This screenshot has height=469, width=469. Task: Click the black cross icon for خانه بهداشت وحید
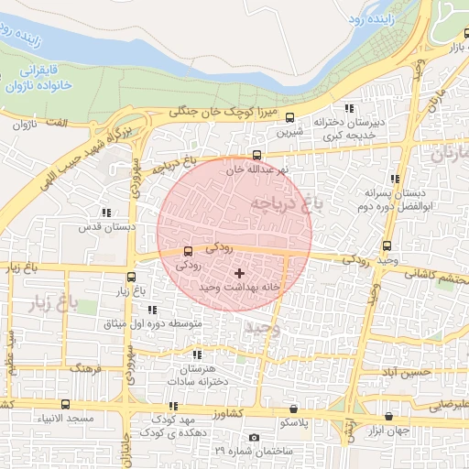[x=240, y=273]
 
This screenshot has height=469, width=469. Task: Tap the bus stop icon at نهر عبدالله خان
[x=256, y=155]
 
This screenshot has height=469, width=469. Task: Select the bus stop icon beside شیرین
[x=289, y=117]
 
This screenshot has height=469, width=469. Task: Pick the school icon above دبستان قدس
[x=106, y=213]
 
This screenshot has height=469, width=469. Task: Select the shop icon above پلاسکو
[x=293, y=409]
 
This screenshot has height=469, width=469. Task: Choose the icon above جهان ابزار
[x=389, y=416]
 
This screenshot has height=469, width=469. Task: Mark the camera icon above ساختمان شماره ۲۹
[x=254, y=438]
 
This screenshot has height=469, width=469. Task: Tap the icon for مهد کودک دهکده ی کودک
[x=172, y=406]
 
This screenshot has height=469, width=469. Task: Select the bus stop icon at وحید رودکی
[x=387, y=245]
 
